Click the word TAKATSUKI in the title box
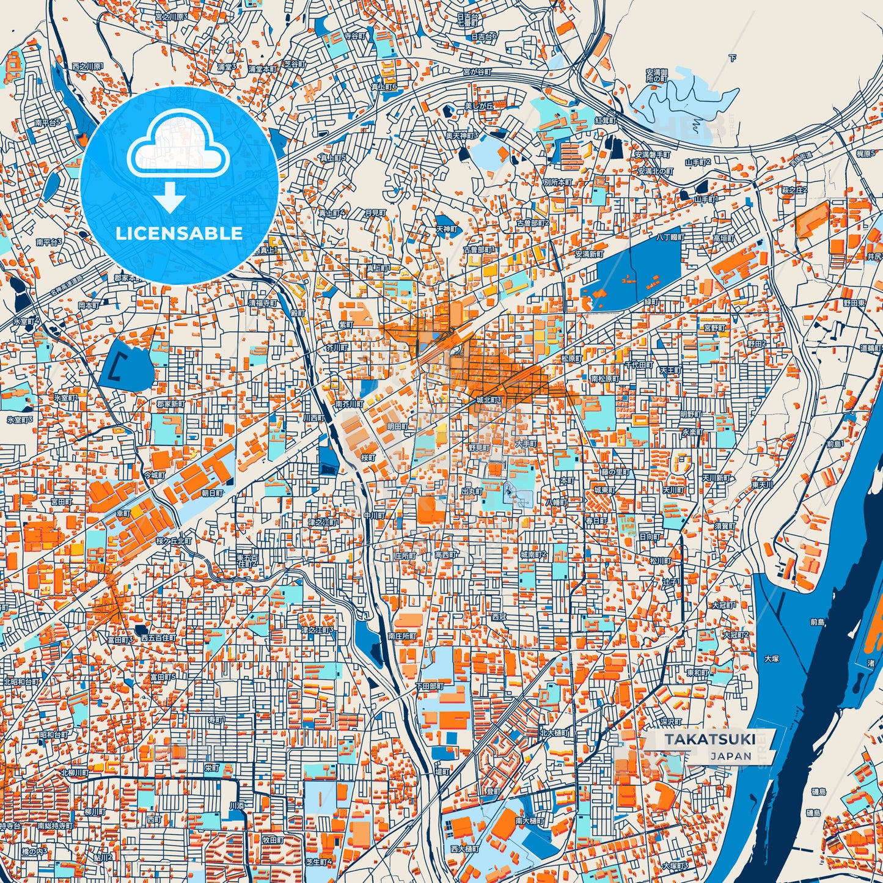click(x=709, y=739)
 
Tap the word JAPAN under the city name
click(x=730, y=756)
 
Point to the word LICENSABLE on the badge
click(x=179, y=233)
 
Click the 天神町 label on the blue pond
click(x=446, y=229)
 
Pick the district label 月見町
click(x=375, y=213)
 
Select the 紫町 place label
click(x=346, y=324)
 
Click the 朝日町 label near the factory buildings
click(x=212, y=492)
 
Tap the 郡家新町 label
click(x=170, y=404)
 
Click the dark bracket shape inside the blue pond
click(x=118, y=367)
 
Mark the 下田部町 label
click(x=429, y=686)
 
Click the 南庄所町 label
click(x=401, y=636)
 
